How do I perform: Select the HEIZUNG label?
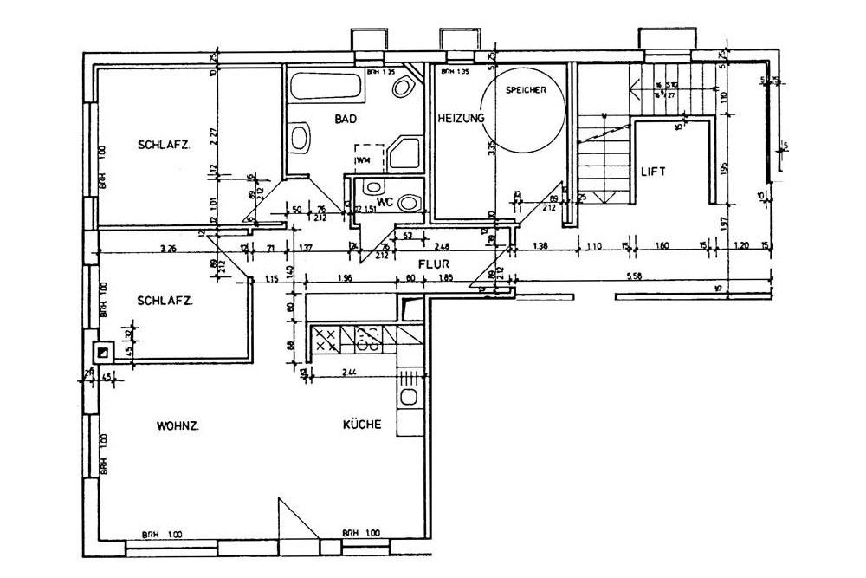pos(460,117)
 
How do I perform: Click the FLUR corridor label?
pos(432,265)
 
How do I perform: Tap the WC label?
pos(386,201)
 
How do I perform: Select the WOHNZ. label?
pos(178,425)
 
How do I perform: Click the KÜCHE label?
pos(362,425)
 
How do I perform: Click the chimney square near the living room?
pos(103,353)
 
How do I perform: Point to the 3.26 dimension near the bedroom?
pos(169,249)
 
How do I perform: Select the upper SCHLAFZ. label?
pos(164,145)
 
